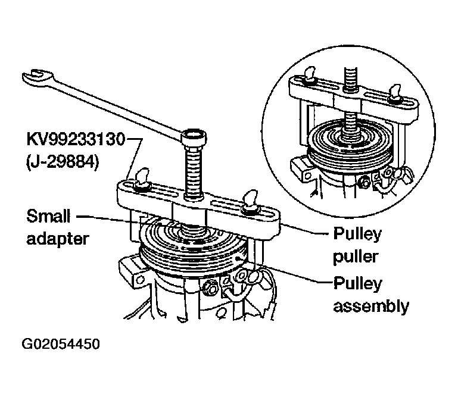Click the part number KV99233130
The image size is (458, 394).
[76, 139]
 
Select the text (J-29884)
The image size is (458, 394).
[63, 162]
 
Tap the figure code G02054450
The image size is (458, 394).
[61, 344]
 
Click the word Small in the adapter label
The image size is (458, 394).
[48, 216]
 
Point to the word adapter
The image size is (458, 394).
[58, 240]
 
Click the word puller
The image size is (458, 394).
[356, 258]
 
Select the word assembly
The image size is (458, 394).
[371, 307]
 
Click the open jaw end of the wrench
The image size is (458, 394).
[36, 76]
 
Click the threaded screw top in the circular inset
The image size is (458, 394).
[351, 79]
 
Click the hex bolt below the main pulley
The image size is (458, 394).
[210, 287]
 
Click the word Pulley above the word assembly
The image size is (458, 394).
[357, 284]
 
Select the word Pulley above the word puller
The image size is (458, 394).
[357, 234]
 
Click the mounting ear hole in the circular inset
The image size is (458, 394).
[307, 176]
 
